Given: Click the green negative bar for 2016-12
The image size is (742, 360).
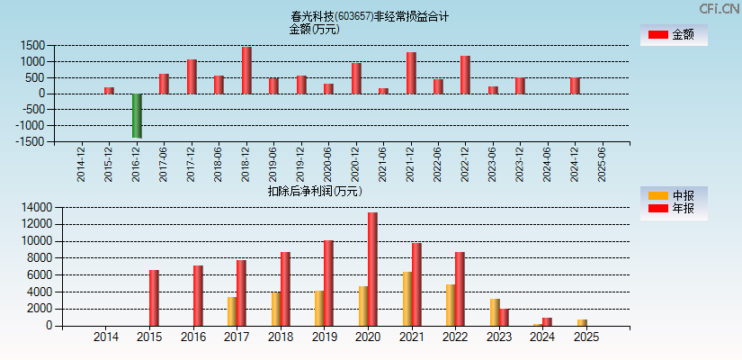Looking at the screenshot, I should [x=137, y=115].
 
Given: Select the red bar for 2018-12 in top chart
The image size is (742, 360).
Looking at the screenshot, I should [x=246, y=70].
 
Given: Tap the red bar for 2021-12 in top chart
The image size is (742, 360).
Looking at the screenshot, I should [x=411, y=73].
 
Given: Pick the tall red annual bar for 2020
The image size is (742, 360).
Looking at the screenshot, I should [x=372, y=269].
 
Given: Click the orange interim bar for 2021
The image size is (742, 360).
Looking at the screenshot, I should [x=407, y=299].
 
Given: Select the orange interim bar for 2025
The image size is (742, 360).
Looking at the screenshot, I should [x=582, y=322].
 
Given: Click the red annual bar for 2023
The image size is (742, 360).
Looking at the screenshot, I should [x=504, y=317].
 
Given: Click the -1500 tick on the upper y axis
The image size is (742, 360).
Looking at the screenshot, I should [x=30, y=141].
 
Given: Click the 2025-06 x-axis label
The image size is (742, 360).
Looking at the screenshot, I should [x=601, y=165].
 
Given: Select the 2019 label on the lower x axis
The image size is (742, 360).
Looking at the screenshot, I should [x=324, y=337].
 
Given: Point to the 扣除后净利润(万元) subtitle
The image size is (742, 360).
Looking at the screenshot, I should [x=315, y=191].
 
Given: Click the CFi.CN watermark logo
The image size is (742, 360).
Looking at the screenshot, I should [x=720, y=8].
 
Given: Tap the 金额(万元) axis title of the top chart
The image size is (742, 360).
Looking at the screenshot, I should [x=314, y=29].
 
